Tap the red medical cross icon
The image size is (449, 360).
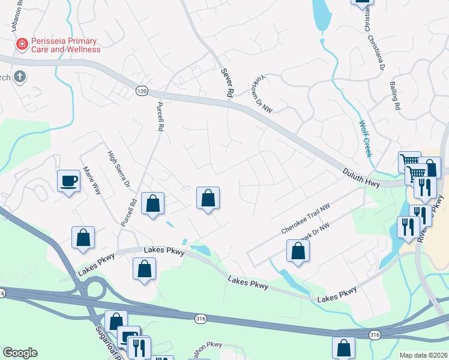pos(22,44)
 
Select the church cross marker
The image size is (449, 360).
pos(20,76)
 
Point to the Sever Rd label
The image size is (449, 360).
pos(227,83)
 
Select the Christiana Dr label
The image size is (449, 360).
pos(375,39)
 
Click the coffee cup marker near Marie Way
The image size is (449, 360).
pos(69,181)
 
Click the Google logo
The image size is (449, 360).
pos(20,353)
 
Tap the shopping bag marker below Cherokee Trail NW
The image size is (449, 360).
pos(298,252)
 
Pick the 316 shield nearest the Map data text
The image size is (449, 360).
pos(375,334)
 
